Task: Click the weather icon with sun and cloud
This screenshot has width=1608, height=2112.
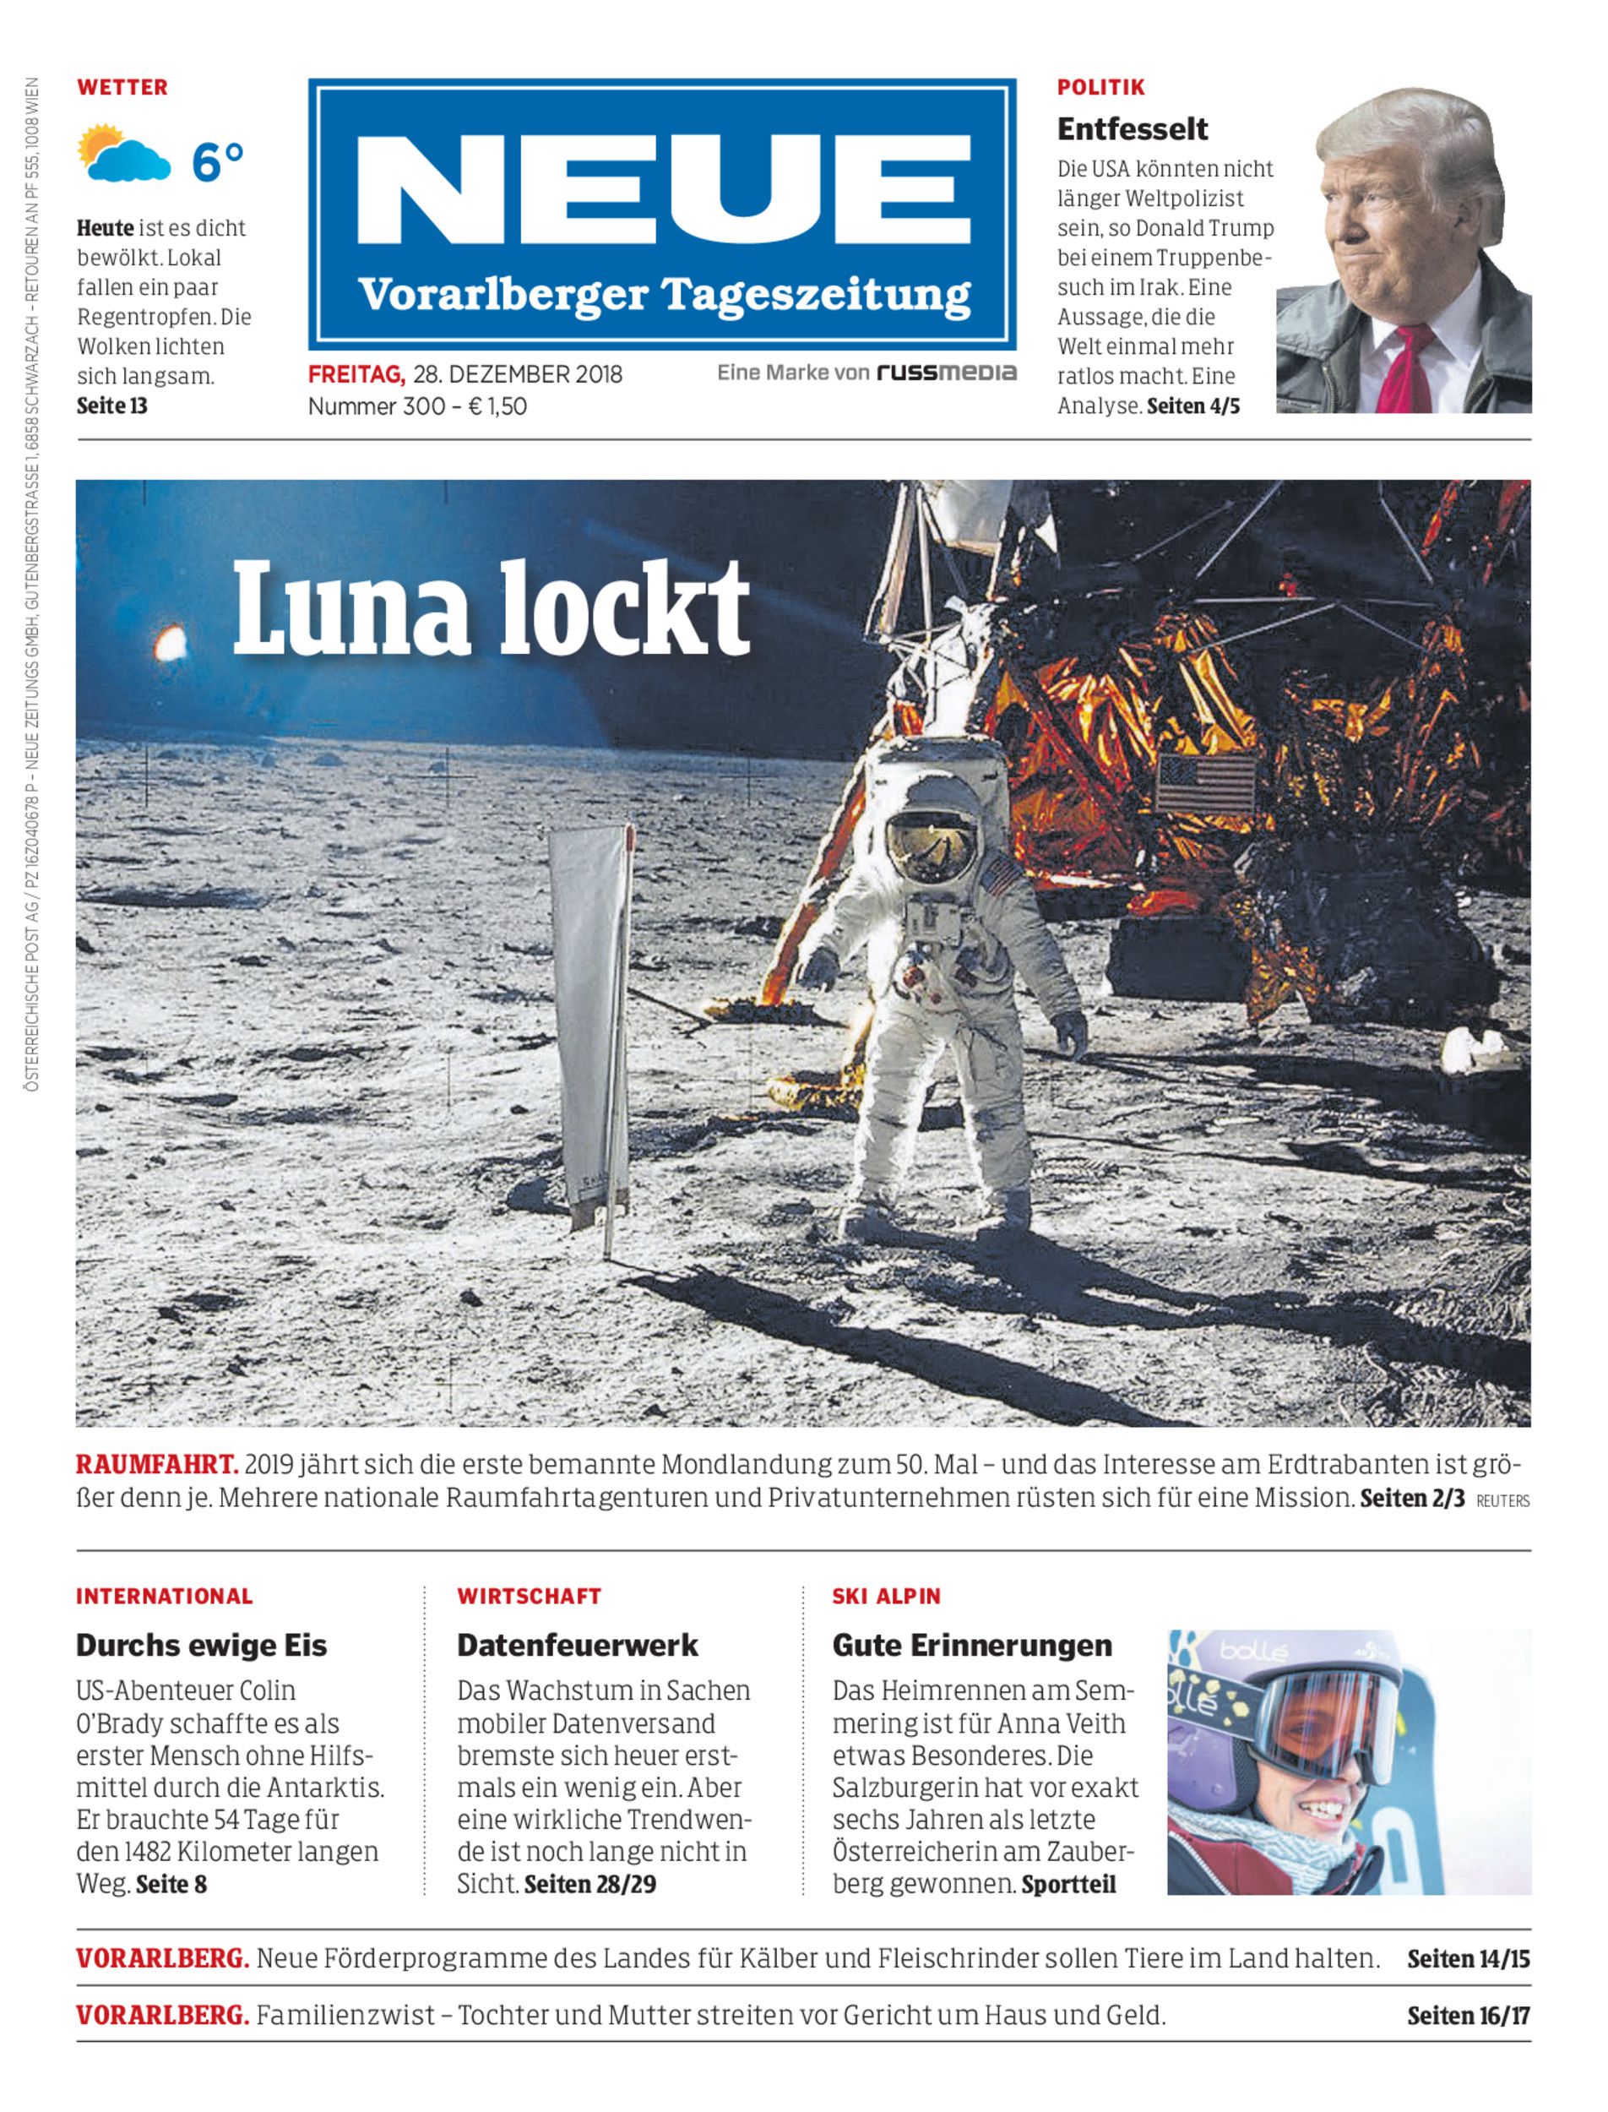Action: (x=122, y=153)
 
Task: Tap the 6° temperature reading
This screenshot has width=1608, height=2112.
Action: (x=218, y=161)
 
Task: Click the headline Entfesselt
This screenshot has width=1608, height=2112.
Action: (x=1133, y=128)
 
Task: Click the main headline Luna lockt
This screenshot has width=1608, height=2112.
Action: (x=491, y=608)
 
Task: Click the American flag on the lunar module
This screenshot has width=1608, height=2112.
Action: (x=1206, y=784)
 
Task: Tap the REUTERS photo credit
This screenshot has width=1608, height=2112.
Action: (x=1502, y=1501)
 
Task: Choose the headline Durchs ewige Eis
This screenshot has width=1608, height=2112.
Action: (x=201, y=1646)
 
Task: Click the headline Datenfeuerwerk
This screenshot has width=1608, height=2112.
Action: (x=577, y=1646)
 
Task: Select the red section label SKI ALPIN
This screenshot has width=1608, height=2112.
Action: (x=886, y=1596)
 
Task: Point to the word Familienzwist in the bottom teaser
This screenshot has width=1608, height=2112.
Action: (x=346, y=2017)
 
